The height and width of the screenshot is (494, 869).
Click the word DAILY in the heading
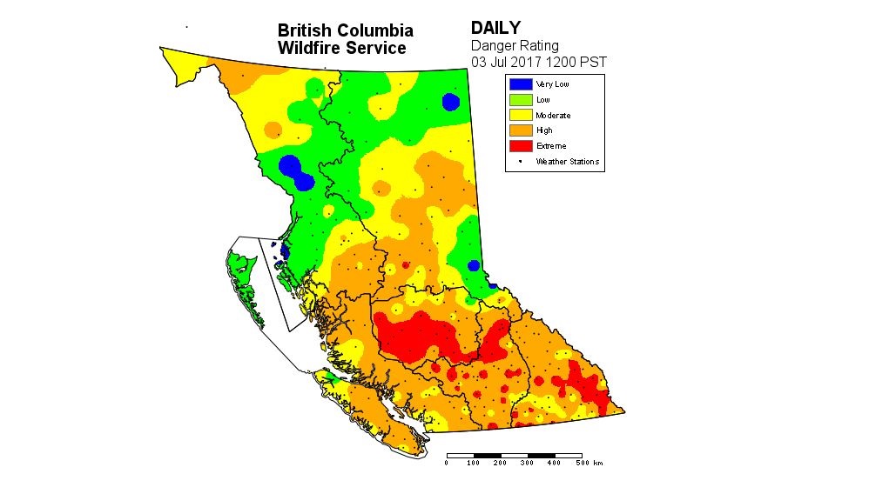(496, 29)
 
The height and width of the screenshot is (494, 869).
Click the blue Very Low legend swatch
(520, 83)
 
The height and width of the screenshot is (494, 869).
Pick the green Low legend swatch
(520, 99)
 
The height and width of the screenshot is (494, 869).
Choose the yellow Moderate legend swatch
(520, 115)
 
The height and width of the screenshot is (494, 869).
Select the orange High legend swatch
(520, 130)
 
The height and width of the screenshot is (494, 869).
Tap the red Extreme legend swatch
(520, 146)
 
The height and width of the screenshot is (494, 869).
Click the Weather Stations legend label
(567, 162)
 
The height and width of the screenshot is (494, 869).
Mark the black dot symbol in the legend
(520, 161)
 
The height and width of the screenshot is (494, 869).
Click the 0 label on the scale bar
(447, 463)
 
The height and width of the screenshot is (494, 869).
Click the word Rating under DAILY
(539, 45)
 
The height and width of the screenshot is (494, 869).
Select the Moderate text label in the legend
(553, 115)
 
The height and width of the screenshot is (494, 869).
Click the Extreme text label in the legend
(551, 146)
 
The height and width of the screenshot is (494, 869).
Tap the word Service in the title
(375, 49)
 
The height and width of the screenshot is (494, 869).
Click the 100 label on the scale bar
(474, 463)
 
